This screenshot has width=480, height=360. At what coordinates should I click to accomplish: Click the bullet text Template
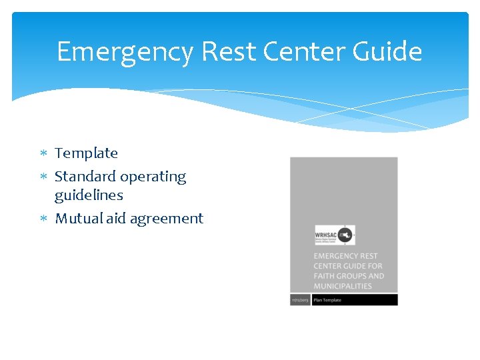[x=86, y=153]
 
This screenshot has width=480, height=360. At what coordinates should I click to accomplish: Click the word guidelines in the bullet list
[x=89, y=195]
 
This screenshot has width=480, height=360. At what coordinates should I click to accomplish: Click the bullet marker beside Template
[x=44, y=154]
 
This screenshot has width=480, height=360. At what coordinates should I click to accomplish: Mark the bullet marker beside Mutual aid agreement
[x=44, y=219]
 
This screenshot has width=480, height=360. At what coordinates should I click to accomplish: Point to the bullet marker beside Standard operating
[x=44, y=177]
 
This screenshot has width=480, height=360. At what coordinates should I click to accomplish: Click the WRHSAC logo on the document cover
[x=335, y=235]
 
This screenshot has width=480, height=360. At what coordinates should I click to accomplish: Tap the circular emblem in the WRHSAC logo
[x=346, y=235]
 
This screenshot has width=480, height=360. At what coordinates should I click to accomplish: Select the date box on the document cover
[x=300, y=300]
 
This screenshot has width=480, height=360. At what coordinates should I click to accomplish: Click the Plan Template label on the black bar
[x=328, y=300]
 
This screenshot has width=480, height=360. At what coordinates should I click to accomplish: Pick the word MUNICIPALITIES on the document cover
[x=343, y=286]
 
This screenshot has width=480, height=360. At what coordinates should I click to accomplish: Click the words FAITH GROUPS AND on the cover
[x=349, y=276]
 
